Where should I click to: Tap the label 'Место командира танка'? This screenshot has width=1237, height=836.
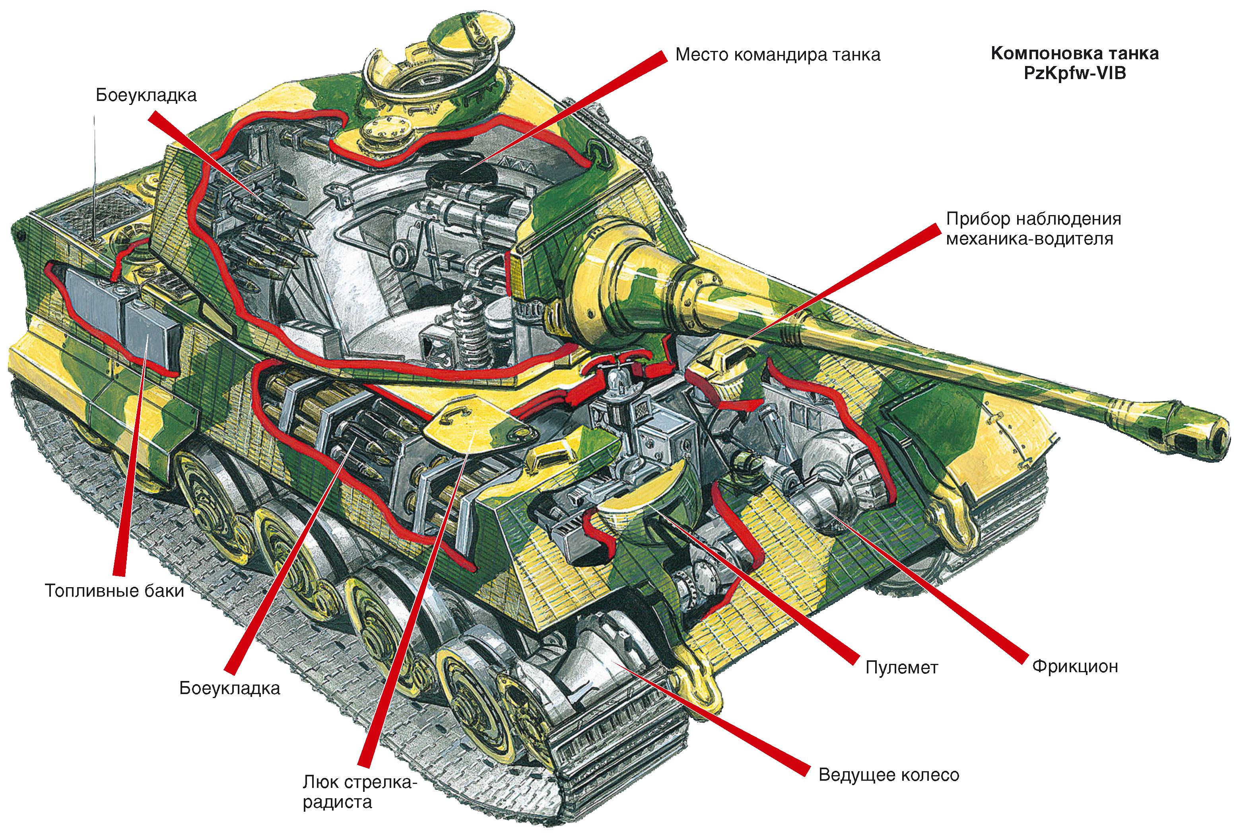(778, 55)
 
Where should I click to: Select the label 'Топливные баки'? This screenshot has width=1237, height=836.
(115, 591)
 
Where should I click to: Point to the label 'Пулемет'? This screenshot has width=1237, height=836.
(901, 667)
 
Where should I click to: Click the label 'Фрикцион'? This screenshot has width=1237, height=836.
(1075, 666)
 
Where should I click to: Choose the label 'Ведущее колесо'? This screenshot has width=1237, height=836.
(888, 775)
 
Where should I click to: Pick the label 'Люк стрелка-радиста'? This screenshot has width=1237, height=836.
(360, 792)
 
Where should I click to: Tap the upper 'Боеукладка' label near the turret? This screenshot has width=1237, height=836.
(146, 95)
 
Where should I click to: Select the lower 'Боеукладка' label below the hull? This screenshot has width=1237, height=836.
(229, 688)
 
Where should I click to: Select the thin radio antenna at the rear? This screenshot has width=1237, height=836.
(95, 176)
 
